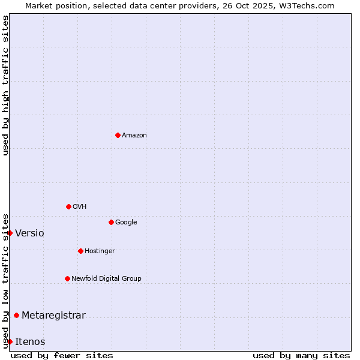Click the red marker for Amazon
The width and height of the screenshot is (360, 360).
(x=118, y=135)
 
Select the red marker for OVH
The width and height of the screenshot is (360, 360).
(x=68, y=206)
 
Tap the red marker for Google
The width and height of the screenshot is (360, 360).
(x=111, y=222)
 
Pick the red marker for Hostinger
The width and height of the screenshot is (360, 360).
(x=80, y=251)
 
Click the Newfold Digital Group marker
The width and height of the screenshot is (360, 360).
(x=67, y=278)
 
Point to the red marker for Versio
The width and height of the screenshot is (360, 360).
(x=10, y=233)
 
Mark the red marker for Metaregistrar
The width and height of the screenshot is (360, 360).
(x=16, y=315)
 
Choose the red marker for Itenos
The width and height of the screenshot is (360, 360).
(x=10, y=341)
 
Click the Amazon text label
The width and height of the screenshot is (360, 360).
(x=134, y=136)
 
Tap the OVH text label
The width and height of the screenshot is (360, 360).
(x=80, y=207)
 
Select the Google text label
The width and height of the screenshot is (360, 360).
(x=126, y=223)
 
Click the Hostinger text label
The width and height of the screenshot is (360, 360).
(x=100, y=251)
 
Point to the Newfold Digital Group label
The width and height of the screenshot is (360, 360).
(x=106, y=278)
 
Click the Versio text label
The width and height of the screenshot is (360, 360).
(x=29, y=233)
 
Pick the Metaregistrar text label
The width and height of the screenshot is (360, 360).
(x=53, y=316)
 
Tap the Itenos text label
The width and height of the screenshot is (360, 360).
(x=30, y=342)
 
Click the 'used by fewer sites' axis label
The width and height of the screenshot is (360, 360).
(x=62, y=355)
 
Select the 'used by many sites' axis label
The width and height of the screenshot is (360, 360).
(x=301, y=355)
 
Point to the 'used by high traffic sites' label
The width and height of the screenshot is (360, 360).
(x=5, y=85)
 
